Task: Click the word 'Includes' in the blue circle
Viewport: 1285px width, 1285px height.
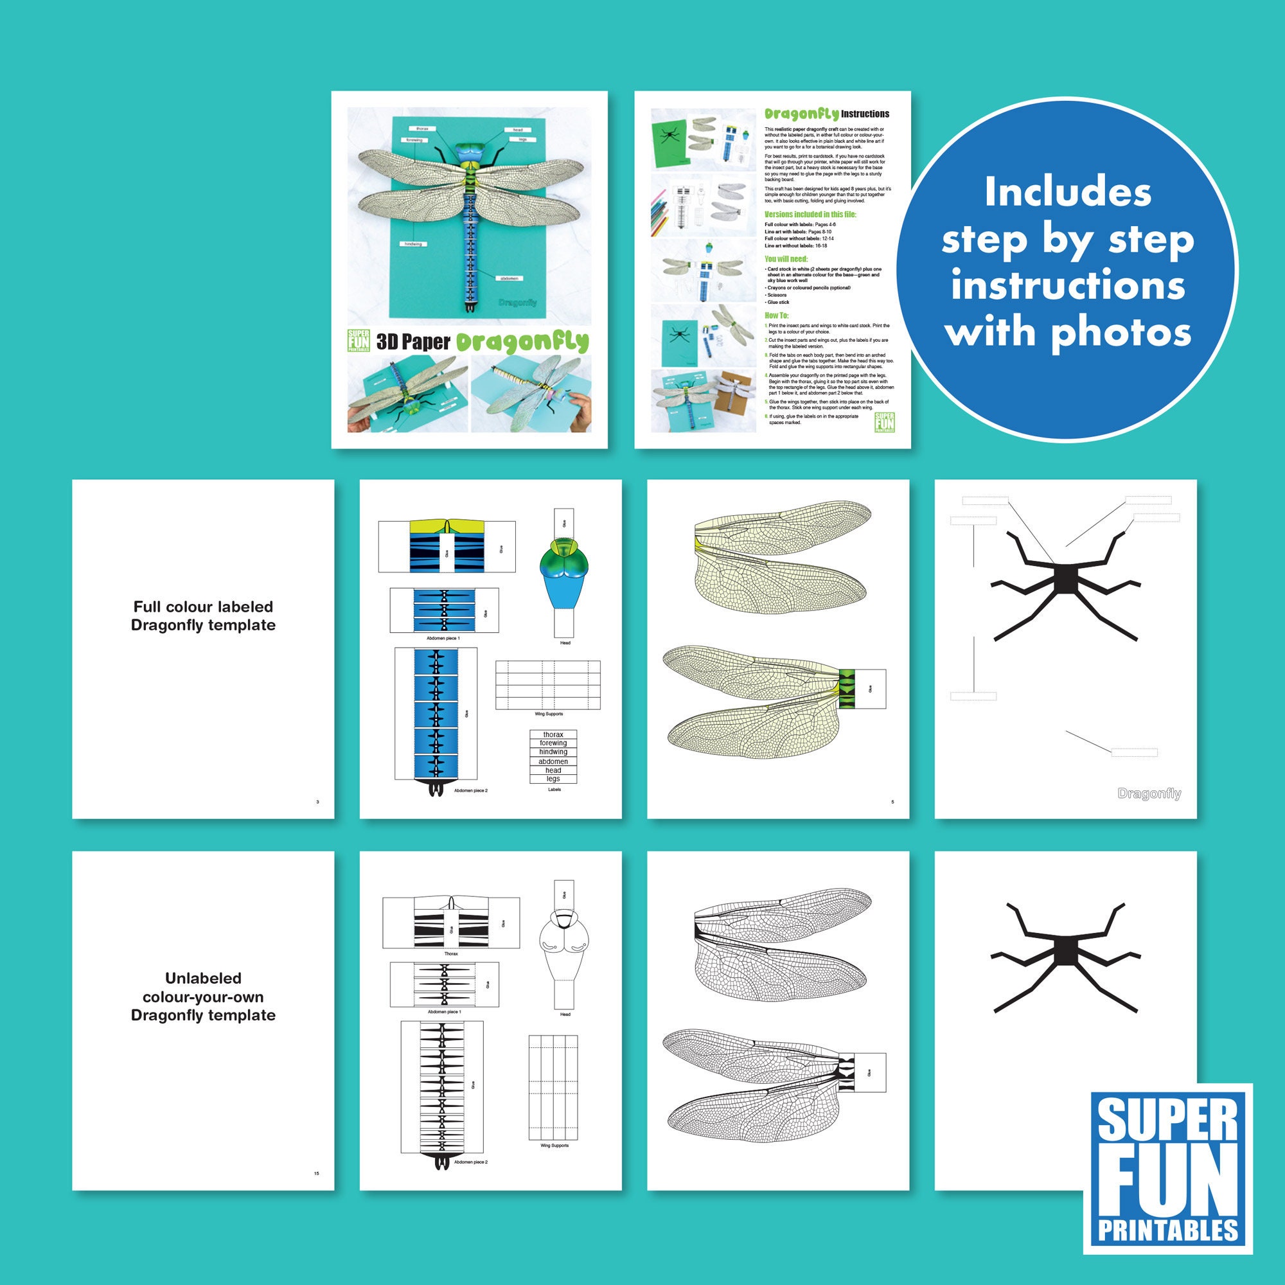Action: [1067, 193]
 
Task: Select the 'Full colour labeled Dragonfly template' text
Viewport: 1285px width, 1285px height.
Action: [203, 616]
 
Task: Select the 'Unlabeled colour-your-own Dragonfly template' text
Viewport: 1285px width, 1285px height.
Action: [203, 997]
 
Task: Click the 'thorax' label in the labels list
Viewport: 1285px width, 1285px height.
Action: [553, 734]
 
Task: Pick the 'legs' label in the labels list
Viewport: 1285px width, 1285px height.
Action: [553, 779]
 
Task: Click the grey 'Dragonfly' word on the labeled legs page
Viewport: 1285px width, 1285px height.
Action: [1149, 793]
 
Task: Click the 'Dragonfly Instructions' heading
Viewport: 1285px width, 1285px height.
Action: [826, 114]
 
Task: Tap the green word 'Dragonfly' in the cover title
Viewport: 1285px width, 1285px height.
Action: [522, 342]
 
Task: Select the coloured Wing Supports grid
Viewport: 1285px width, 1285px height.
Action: [548, 685]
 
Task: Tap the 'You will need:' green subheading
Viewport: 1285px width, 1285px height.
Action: [786, 259]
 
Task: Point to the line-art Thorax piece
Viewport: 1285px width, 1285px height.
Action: [451, 923]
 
